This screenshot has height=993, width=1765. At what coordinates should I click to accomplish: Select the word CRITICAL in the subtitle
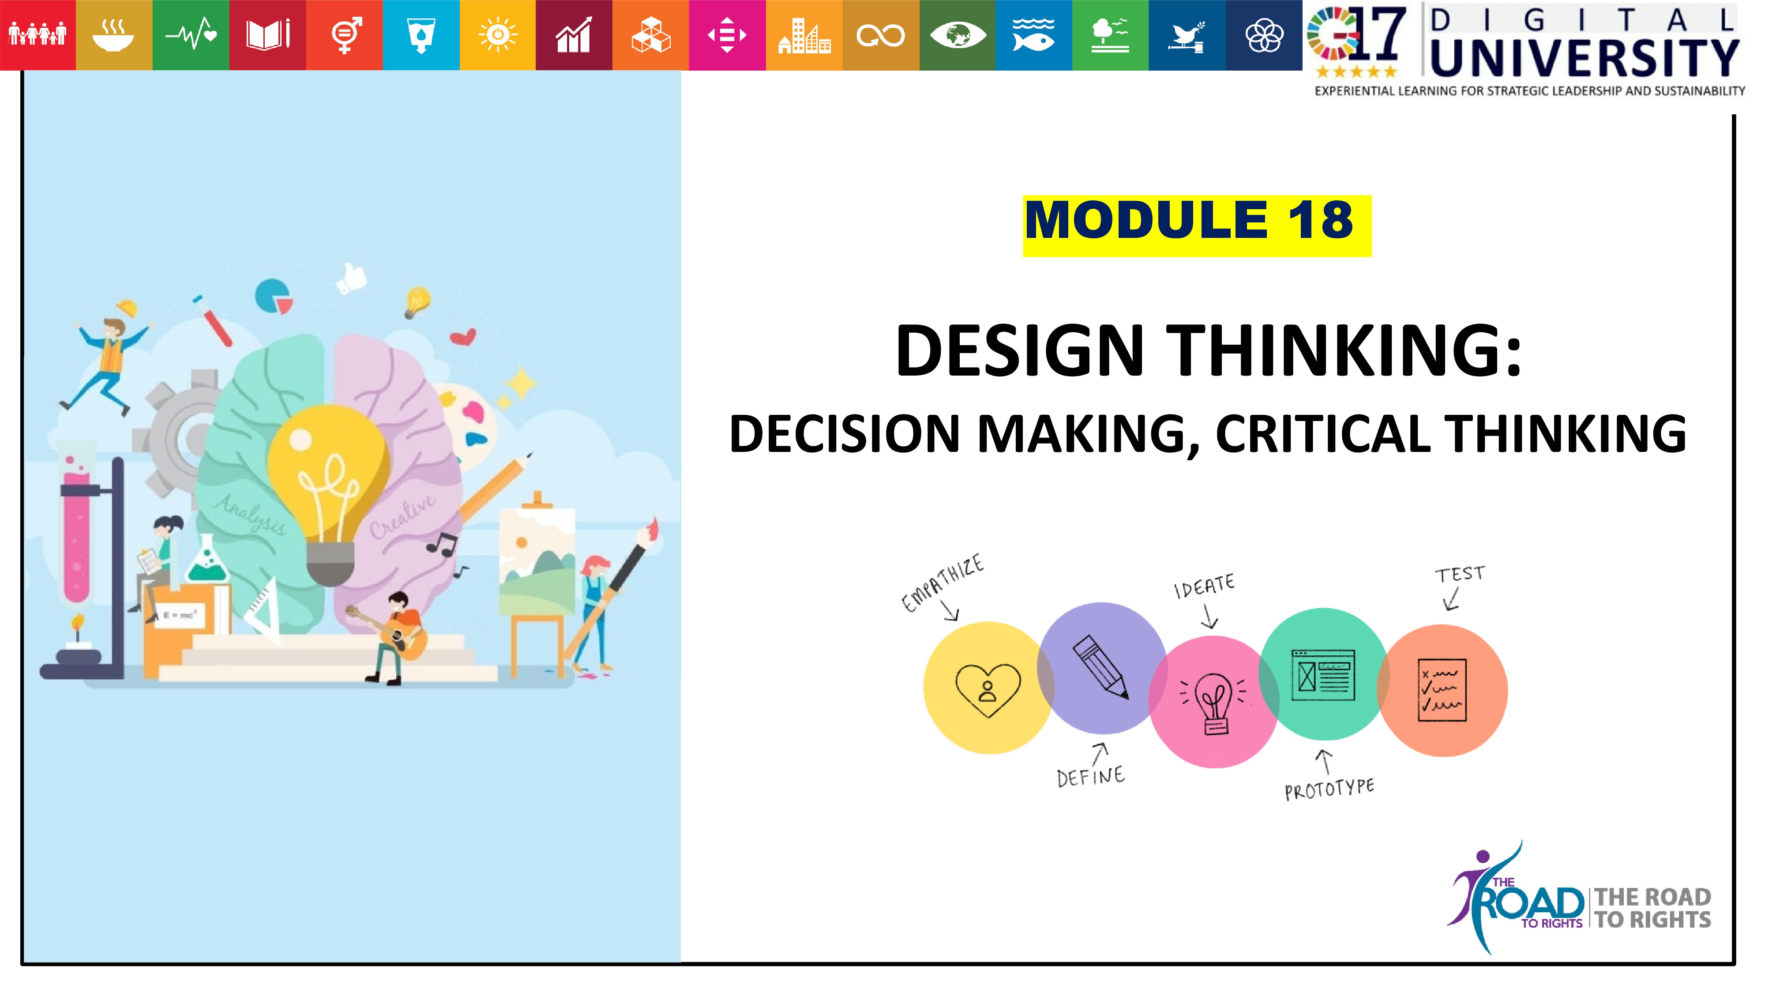tap(1323, 434)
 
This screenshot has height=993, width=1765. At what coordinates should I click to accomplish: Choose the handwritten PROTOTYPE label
tap(1329, 789)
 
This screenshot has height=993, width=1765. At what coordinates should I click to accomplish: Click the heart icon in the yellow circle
tap(988, 689)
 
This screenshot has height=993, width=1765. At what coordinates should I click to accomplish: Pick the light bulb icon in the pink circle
tap(1213, 703)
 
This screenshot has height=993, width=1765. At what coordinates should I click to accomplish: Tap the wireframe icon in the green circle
tap(1323, 675)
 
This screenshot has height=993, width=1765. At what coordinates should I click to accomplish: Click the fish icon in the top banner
tap(1033, 35)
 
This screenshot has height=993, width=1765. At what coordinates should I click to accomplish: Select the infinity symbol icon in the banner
tap(880, 35)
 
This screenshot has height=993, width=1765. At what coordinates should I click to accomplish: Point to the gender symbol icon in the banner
tap(345, 35)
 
